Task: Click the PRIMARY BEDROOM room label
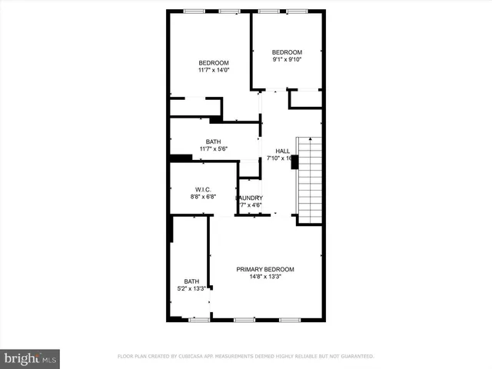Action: [265, 269]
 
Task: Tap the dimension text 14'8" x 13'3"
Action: [265, 278]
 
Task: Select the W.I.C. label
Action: [203, 189]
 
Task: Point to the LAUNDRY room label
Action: [250, 198]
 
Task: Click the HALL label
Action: [283, 151]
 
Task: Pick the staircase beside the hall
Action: [309, 179]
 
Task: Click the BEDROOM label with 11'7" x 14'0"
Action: [214, 63]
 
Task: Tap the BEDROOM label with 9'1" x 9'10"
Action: [288, 52]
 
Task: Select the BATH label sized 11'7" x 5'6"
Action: [214, 141]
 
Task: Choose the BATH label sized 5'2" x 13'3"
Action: [191, 281]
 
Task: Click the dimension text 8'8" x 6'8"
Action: [203, 197]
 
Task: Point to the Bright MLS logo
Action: [30, 358]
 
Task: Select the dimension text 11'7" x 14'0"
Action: [214, 71]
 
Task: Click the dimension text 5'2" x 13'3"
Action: [191, 289]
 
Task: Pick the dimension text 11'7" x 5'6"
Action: [214, 148]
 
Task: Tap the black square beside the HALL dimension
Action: [294, 161]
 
